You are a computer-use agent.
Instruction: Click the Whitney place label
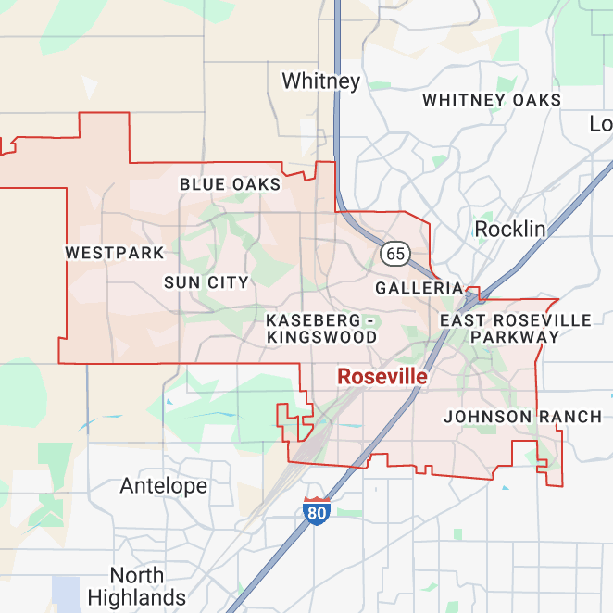(x=320, y=81)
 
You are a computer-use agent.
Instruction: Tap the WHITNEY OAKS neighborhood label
(x=491, y=100)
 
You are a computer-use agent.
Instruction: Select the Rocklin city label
(x=509, y=229)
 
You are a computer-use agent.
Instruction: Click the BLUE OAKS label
(x=230, y=184)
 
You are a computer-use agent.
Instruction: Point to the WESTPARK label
(x=115, y=253)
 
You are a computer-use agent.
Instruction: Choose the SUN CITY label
(x=206, y=282)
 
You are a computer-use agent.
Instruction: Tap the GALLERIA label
(x=419, y=289)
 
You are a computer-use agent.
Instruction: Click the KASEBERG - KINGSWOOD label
(x=321, y=329)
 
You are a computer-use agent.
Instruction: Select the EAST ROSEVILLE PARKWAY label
(x=515, y=329)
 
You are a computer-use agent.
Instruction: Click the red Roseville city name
(x=382, y=377)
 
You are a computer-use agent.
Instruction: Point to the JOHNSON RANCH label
(x=522, y=417)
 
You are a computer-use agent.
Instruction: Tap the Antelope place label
(x=164, y=486)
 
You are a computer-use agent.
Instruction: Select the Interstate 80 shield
(x=317, y=511)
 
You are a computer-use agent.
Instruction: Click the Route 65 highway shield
(x=394, y=253)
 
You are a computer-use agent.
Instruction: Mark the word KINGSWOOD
(x=321, y=338)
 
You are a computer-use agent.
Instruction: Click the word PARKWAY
(x=515, y=338)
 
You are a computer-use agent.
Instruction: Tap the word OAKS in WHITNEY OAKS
(x=532, y=100)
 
